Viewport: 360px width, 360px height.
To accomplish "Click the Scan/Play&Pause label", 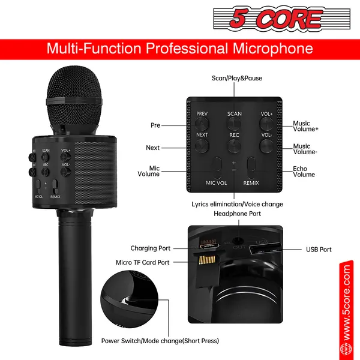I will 237,78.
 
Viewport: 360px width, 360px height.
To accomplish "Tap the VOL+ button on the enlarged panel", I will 266,122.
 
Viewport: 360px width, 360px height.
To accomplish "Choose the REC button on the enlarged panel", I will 235,145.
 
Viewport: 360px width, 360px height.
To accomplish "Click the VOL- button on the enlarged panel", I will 266,145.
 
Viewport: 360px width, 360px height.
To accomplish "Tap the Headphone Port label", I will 238,214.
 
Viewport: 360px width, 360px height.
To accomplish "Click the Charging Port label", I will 151,248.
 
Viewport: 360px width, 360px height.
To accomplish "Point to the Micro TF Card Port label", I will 143,262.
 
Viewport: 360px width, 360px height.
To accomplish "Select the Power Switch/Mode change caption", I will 160,341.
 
